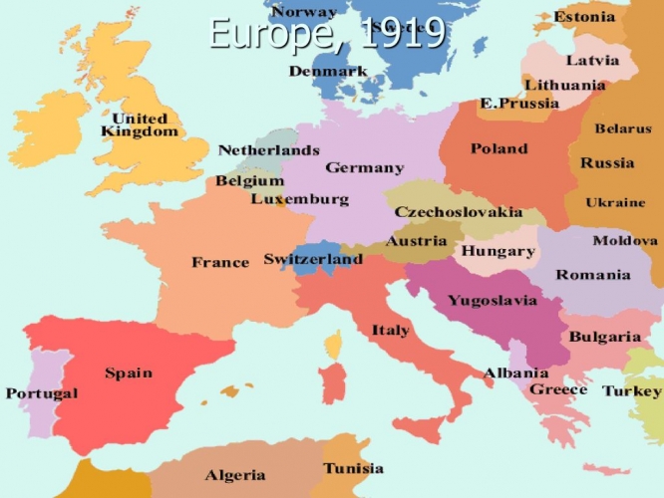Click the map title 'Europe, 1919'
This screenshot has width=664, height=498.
coord(327,32)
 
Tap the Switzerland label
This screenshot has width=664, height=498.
coord(312,259)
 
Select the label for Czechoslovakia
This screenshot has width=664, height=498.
coord(458,212)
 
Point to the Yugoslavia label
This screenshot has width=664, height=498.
coord(492,300)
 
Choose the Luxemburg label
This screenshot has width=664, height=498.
coord(299,199)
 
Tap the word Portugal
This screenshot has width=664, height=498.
coord(41,393)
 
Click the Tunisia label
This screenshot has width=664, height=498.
coord(353,468)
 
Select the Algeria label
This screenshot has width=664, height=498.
coord(235,475)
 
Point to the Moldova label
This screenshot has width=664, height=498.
coord(625,241)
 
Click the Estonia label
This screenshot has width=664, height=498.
coord(585,17)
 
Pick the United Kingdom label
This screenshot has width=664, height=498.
coord(140,124)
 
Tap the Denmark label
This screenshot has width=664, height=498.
coord(328,72)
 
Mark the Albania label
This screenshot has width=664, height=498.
coord(515,373)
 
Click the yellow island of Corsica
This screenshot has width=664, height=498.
coord(334,346)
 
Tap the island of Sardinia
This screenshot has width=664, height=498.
coord(333,383)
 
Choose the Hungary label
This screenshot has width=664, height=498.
coord(498,252)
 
